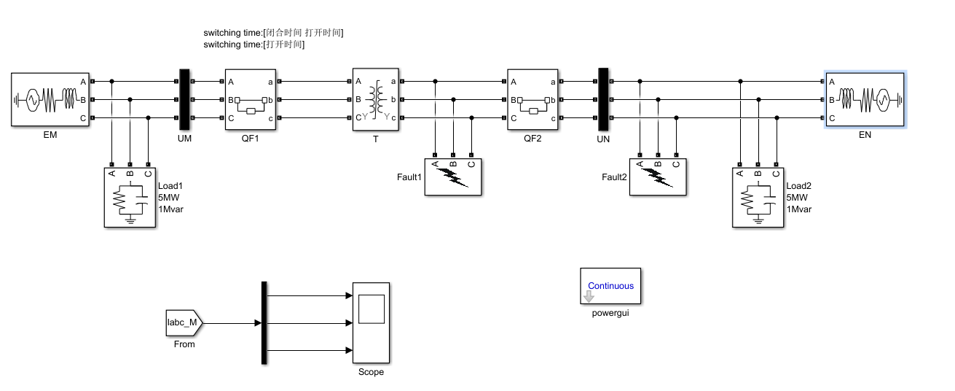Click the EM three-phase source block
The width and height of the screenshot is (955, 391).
pos(50,99)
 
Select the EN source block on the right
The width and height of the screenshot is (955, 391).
pos(865,99)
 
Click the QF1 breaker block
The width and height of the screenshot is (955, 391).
pos(250,99)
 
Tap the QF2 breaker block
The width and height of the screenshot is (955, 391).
pos(532,99)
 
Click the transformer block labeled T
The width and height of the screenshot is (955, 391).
pos(375,99)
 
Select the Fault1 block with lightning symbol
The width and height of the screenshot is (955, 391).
pos(452,177)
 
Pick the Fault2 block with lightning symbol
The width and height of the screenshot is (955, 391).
pos(658,177)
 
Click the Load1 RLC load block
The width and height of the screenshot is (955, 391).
pos(130,197)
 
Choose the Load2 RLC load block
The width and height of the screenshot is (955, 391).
pos(758,197)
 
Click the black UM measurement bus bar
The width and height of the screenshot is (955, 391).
pos(184,99)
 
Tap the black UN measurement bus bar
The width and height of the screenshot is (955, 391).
pos(602,99)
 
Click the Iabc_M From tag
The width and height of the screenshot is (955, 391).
pos(184,322)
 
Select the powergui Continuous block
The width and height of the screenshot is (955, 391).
pos(610,287)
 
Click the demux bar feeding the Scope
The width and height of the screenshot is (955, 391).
pos(264,322)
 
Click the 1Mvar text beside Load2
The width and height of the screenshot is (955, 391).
pos(799,209)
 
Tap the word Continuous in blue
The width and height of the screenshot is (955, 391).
pos(610,286)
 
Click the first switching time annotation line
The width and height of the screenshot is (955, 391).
pos(273,33)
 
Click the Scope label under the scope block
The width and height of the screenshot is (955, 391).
pos(371,372)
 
